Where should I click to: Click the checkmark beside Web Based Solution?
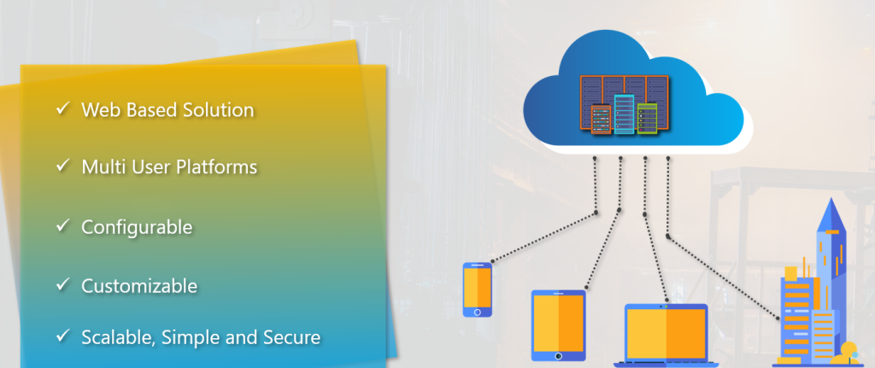(x=62, y=109)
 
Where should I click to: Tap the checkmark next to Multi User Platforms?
(x=62, y=166)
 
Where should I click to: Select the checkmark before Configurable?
(x=62, y=226)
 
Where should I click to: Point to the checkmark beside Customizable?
(x=62, y=284)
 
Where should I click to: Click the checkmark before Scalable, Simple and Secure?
(x=62, y=336)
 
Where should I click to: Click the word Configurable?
(x=137, y=227)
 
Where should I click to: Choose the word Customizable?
(x=139, y=285)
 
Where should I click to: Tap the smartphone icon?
(x=477, y=289)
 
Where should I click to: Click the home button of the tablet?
(x=558, y=355)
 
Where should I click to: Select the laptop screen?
(x=666, y=333)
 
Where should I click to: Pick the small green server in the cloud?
(x=648, y=118)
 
